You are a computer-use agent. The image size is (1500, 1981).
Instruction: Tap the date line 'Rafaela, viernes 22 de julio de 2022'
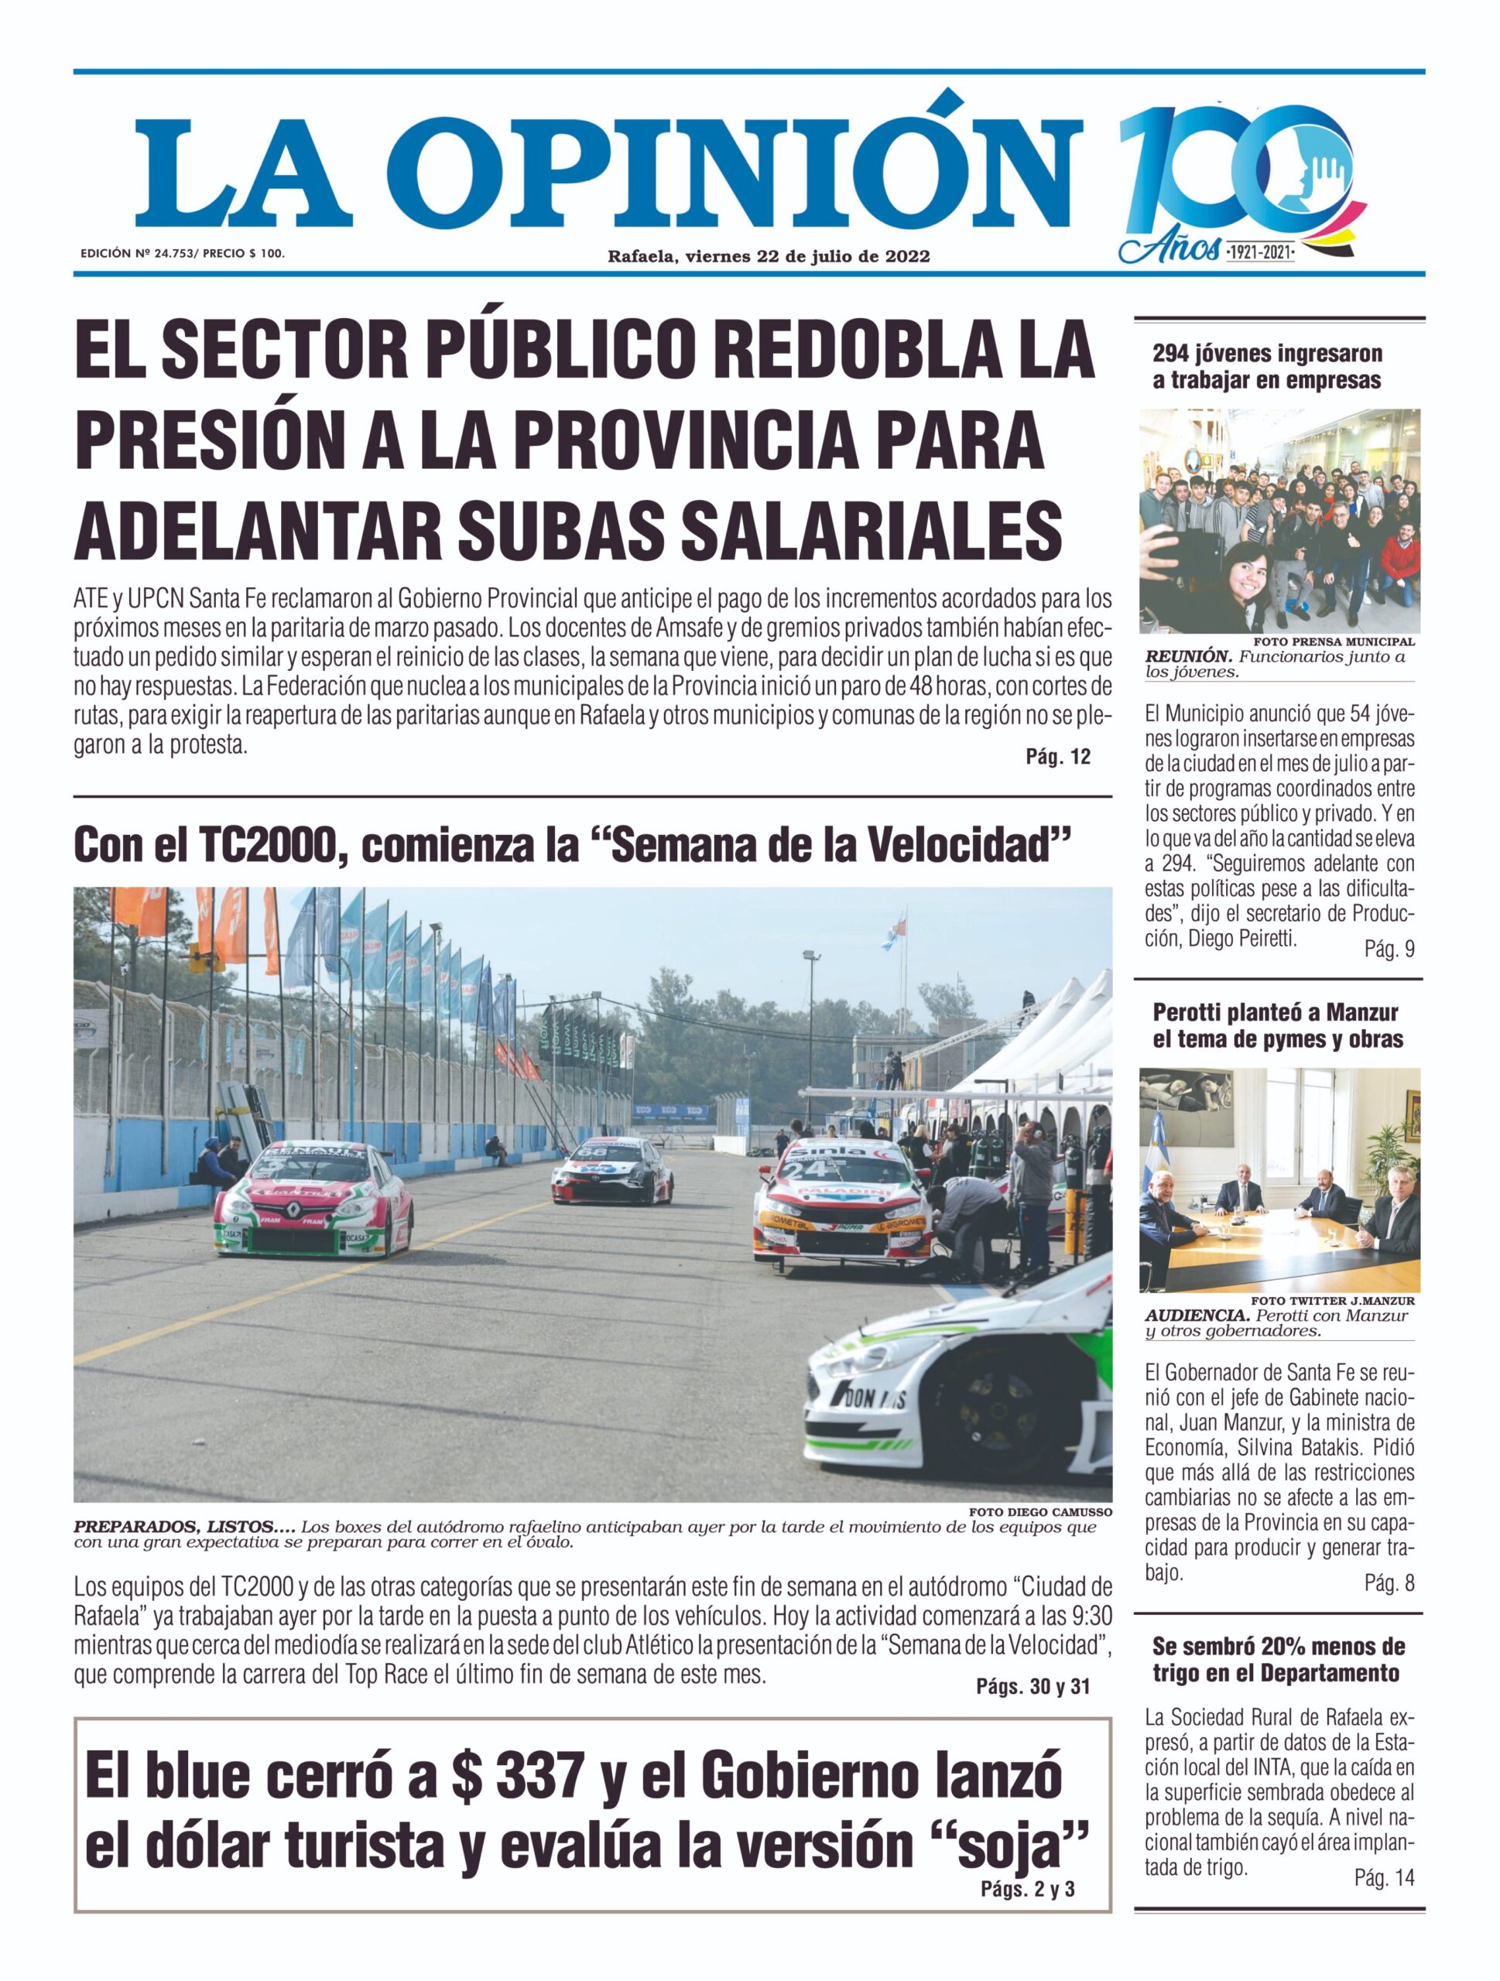(769, 256)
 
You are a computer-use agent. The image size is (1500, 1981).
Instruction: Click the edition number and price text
(183, 254)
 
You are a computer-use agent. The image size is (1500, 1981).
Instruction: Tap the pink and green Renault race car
(313, 1201)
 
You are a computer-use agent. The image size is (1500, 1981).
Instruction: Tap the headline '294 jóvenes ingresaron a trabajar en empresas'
(1266, 368)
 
